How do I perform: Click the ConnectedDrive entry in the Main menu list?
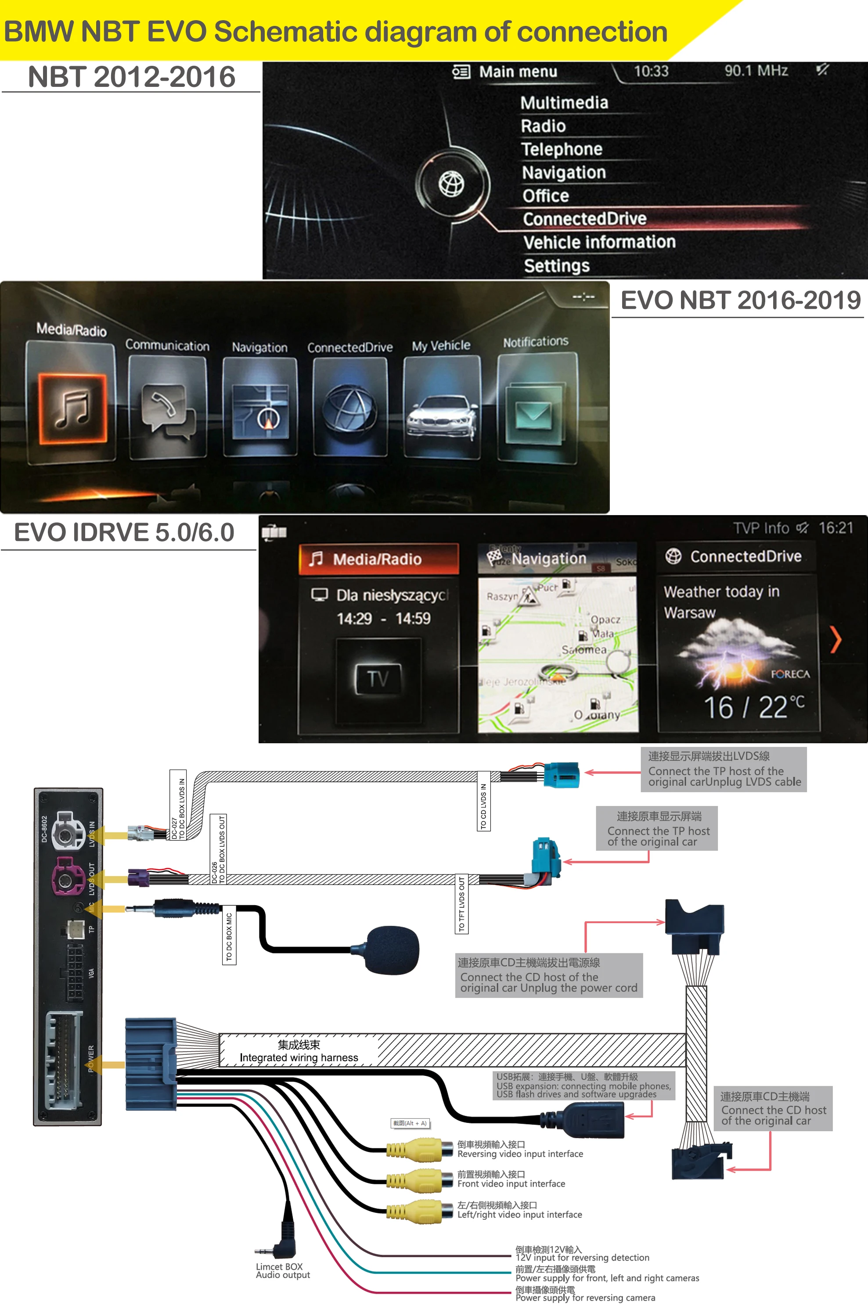(x=584, y=219)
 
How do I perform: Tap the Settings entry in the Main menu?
(x=556, y=266)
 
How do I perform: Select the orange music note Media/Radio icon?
(x=72, y=408)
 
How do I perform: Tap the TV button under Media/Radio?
(x=378, y=678)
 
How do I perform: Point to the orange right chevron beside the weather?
(x=836, y=640)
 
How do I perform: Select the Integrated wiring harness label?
(x=299, y=1050)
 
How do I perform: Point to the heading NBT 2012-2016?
(x=132, y=76)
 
